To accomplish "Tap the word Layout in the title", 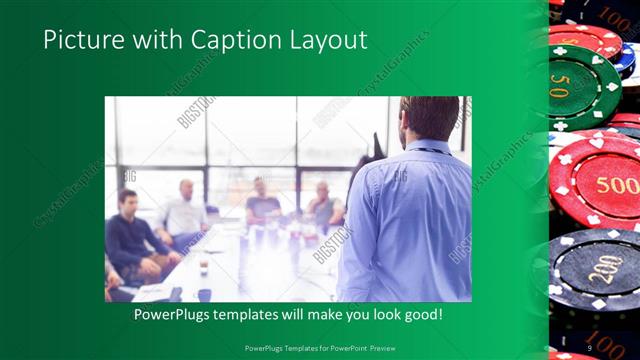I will [325, 41].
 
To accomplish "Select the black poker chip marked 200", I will [597, 268].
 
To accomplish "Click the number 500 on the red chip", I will [617, 186].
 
